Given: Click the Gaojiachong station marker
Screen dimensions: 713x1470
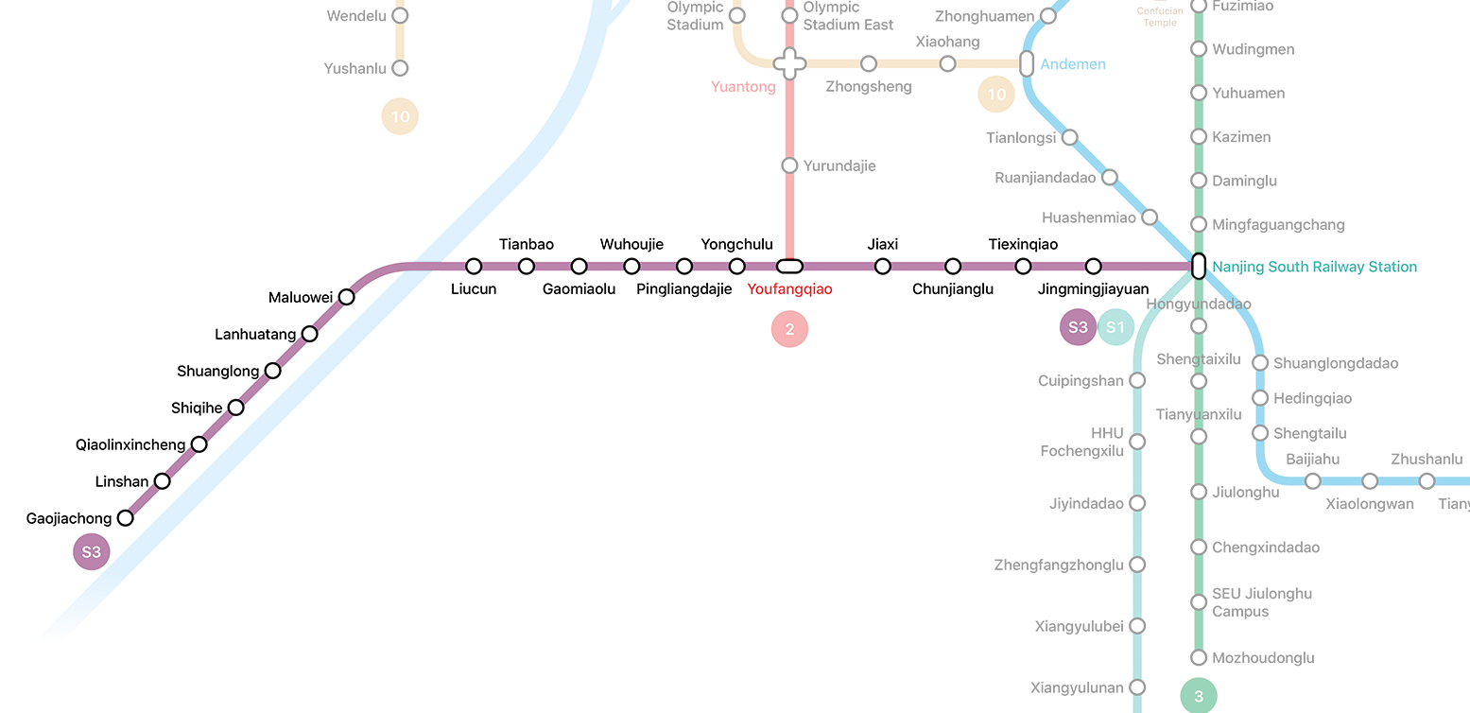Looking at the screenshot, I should pos(125,518).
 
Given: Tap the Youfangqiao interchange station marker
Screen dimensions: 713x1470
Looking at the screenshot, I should pos(789,267).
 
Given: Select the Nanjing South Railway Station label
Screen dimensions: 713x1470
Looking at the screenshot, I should pos(1315,267).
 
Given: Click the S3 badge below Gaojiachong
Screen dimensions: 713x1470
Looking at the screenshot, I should pos(92,552).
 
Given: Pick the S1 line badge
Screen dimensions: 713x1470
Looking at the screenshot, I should pos(1115,327).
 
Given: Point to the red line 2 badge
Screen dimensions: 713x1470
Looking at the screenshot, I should pos(789,330).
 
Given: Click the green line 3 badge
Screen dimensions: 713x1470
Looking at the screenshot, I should pos(1199,697).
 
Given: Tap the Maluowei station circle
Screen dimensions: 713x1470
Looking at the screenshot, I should pos(347,297).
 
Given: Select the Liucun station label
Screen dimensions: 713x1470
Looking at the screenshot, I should pos(474,289).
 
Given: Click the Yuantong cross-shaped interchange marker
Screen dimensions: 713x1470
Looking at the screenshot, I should pos(789,64).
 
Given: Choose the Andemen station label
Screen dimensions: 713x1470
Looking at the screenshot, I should pos(1073,64).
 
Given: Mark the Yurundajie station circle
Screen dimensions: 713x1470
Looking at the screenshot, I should pos(789,165).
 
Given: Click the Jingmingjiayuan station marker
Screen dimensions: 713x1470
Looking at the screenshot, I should pos(1093,267).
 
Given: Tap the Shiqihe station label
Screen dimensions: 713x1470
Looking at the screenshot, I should pos(197,408).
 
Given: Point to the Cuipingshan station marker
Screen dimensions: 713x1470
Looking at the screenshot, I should pos(1137,380).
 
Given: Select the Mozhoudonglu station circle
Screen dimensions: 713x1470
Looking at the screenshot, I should pos(1199,657).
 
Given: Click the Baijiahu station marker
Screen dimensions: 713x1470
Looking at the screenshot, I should pos(1312,481).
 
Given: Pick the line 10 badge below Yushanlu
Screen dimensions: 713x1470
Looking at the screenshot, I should pos(400,117).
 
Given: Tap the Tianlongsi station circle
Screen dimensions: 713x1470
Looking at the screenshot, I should pos(1069,137).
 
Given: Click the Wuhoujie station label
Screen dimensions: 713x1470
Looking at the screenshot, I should pos(631,245).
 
